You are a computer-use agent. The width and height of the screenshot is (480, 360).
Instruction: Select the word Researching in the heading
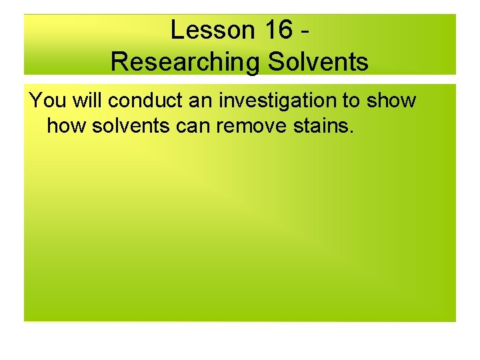[185, 62]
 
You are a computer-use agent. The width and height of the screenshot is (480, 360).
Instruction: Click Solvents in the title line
[318, 62]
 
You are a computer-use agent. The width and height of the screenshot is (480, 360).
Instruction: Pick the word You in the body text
[45, 101]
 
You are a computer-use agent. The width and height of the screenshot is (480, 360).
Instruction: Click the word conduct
[138, 101]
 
